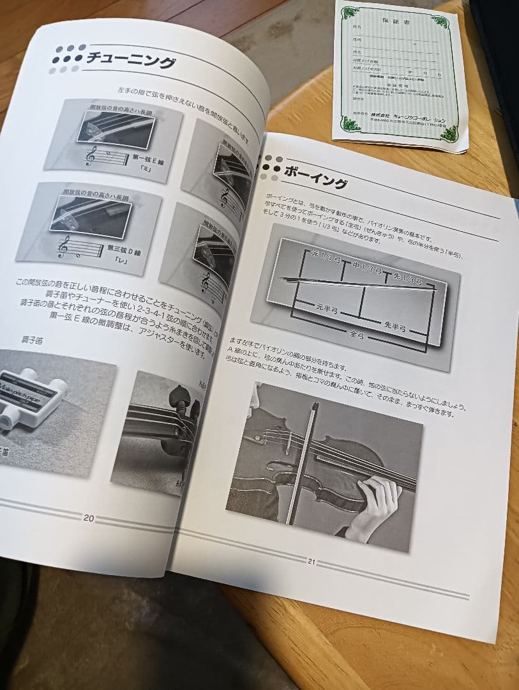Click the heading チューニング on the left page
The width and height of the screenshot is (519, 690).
point(131,62)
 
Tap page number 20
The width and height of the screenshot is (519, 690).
point(89,518)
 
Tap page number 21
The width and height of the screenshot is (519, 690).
point(312,562)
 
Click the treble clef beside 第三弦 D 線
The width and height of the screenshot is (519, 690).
point(64,246)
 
